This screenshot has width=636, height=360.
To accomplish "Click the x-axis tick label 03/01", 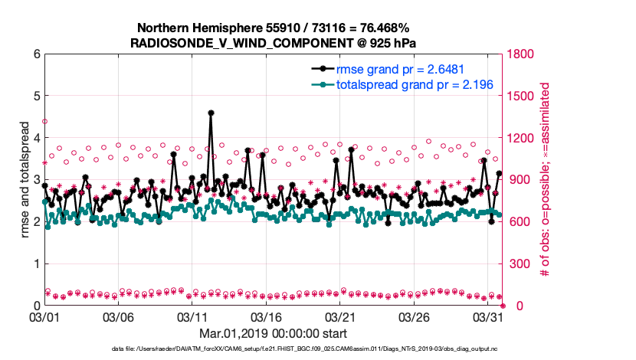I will tap(44, 316).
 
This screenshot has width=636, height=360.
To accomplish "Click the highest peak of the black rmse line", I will tap(211, 113).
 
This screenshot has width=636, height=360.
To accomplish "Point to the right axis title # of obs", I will tap(546, 179).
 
